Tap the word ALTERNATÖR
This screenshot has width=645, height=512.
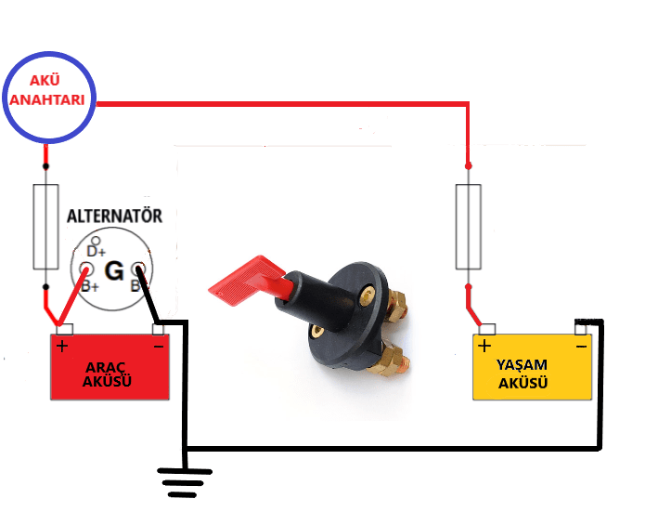coord(113,216)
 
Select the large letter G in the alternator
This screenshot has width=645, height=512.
coord(114,271)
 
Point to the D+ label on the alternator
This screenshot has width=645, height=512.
coord(96,252)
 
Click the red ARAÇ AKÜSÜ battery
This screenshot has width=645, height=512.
coord(110,369)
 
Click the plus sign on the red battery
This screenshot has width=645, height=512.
coord(62,348)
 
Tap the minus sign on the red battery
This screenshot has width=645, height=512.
coord(157,347)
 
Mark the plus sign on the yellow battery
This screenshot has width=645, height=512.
coord(484,346)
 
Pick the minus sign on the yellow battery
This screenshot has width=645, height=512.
coord(581,347)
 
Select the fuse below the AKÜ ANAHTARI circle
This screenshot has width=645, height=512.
coord(45,227)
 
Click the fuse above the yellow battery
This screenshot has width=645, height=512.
coord(468,227)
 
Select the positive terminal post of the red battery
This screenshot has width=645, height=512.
coord(65,329)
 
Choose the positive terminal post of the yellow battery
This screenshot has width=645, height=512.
coord(486,328)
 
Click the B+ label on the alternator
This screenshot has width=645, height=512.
coord(90,285)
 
